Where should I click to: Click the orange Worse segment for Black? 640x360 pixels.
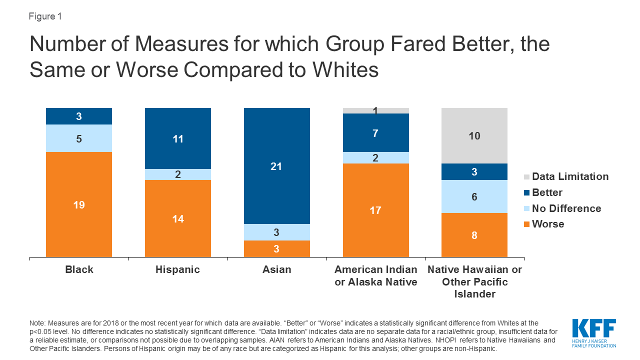[79, 204]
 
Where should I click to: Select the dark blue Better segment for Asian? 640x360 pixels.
[276, 166]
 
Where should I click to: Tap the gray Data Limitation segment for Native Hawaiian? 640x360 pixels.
[474, 135]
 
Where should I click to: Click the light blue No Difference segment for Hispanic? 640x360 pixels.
[178, 174]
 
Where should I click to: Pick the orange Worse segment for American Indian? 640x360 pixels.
[375, 210]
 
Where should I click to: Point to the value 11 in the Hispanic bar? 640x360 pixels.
[178, 139]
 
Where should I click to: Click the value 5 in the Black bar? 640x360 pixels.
[79, 138]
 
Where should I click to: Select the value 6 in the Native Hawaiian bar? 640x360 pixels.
[474, 197]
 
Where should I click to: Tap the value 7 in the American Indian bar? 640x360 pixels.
[375, 133]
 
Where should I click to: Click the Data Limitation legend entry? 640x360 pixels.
[570, 176]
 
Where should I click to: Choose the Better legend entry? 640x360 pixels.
[547, 192]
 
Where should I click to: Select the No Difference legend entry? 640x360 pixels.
[566, 208]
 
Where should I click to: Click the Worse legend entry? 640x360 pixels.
[547, 224]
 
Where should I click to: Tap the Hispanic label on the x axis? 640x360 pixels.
[178, 269]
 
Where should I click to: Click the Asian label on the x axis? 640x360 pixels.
[276, 269]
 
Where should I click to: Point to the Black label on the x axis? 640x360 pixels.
[79, 269]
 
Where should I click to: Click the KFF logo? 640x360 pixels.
[594, 332]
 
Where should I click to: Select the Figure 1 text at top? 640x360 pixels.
[45, 16]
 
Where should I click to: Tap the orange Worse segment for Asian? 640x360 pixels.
[276, 249]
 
